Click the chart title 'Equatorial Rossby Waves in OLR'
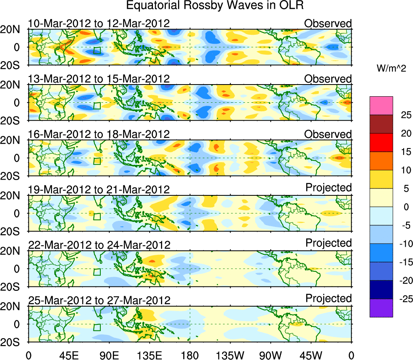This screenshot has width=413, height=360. click(215, 6)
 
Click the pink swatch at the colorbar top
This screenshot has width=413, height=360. click(381, 106)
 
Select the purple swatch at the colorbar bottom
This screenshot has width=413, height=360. click(381, 308)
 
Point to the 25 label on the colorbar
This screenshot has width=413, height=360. click(402, 115)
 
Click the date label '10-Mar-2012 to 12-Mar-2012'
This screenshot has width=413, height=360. click(99, 23)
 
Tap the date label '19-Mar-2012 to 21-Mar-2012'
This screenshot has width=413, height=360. click(99, 189)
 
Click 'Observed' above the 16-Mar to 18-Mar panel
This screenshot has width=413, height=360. click(328, 134)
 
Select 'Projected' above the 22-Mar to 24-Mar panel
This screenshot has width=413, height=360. click(328, 243)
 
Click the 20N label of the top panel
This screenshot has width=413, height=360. click(13, 30)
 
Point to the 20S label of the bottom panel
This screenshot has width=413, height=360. click(13, 342)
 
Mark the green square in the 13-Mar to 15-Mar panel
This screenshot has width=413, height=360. click(97, 106)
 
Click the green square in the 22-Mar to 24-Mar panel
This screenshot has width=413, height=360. click(97, 272)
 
